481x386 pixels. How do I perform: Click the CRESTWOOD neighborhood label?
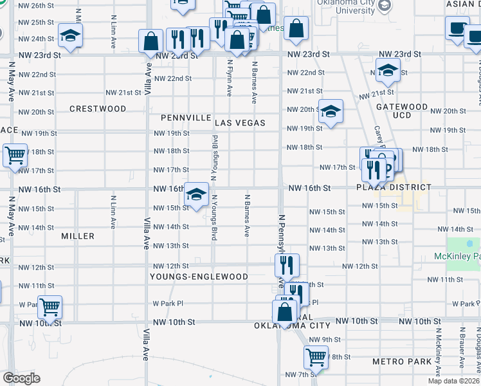coord(98,109)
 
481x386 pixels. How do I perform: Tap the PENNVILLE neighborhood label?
coord(186,118)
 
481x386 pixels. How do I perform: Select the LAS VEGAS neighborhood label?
coord(240,122)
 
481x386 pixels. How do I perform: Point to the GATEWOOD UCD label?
coord(402,111)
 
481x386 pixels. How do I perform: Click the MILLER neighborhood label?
coord(78,236)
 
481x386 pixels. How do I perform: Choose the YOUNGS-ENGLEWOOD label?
coord(199,277)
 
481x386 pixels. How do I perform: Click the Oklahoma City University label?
coord(345,6)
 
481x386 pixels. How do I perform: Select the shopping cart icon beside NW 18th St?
coord(15,155)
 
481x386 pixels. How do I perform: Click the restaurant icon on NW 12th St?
coord(287,264)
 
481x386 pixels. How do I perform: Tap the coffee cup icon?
coord(457,29)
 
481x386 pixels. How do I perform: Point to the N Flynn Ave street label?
coord(230,78)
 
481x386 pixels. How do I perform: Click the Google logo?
coord(22,378)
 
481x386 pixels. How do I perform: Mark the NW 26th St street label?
coord(36,5)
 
